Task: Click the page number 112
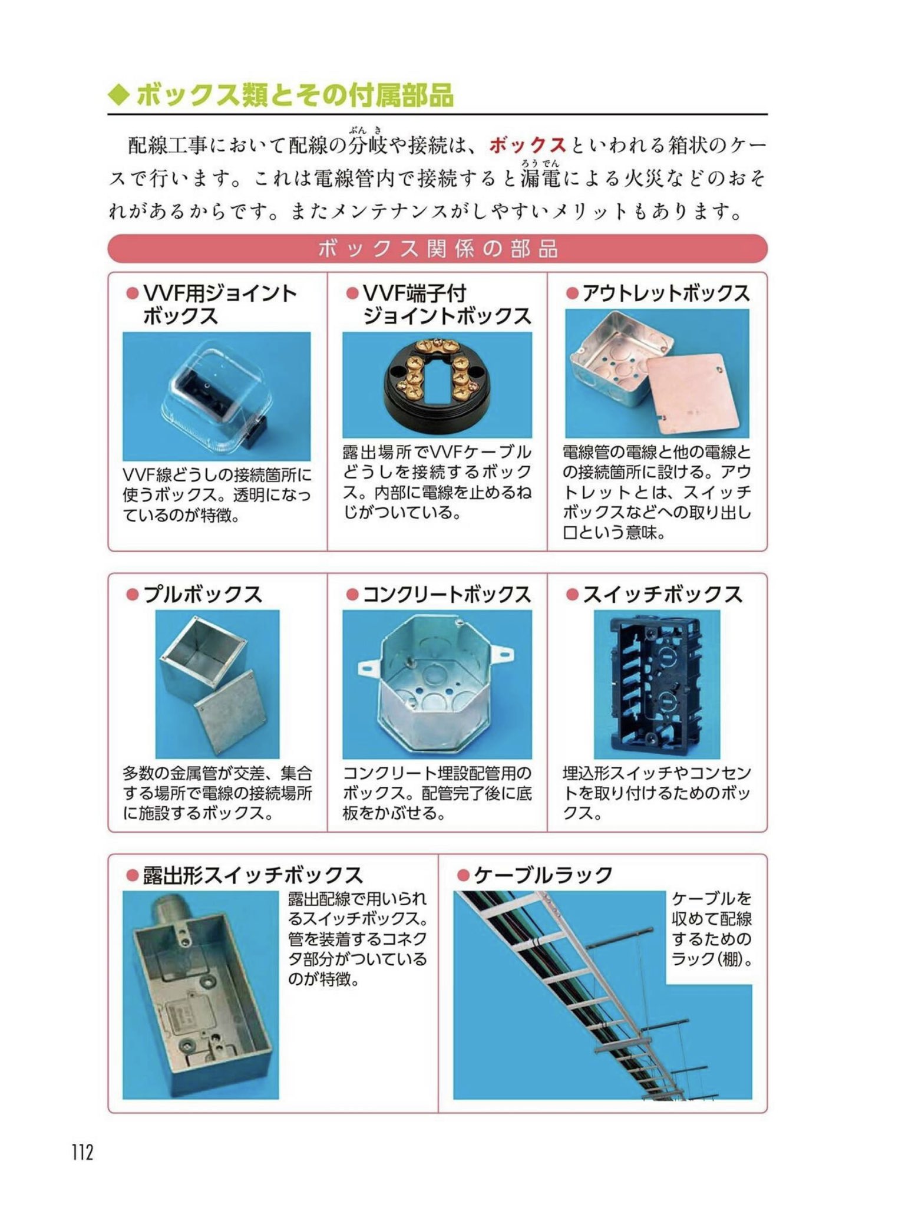click(x=82, y=1152)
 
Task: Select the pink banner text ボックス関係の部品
click(x=438, y=249)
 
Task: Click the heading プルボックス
click(x=203, y=595)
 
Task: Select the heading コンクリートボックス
click(x=447, y=595)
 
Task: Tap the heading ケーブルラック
click(x=543, y=875)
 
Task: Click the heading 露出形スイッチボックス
click(x=252, y=875)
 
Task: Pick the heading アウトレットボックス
click(x=666, y=293)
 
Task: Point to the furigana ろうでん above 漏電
click(x=539, y=162)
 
